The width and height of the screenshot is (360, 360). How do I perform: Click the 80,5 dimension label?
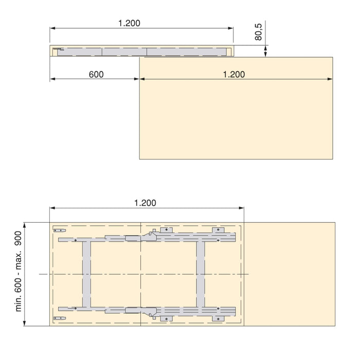coord(258,32)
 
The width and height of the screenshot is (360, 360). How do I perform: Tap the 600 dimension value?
coord(96,75)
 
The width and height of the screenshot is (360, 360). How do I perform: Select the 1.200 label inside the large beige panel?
coord(234,75)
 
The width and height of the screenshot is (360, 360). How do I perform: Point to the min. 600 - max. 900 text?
coord(18,272)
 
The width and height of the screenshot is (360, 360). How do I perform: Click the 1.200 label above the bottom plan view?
coord(145,203)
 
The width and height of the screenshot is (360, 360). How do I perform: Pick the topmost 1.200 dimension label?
coord(129,23)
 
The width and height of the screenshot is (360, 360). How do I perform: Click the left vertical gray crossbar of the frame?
coord(86,274)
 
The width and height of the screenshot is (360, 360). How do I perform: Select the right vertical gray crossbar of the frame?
coord(201,274)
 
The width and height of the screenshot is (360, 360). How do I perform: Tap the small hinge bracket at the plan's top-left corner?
coord(60,230)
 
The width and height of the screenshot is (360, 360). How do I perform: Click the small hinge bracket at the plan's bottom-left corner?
coord(60,318)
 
